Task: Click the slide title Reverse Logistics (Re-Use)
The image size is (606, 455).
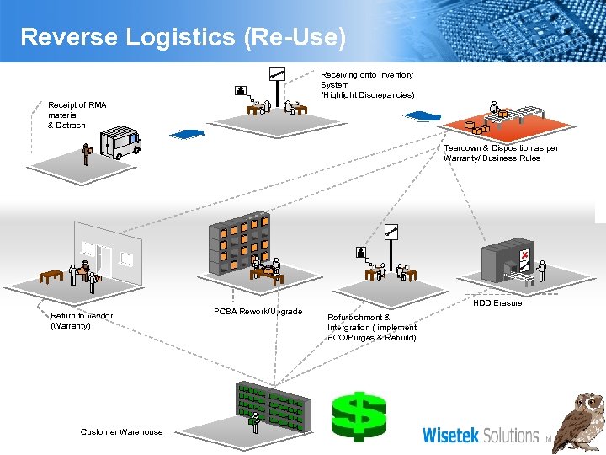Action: click(183, 37)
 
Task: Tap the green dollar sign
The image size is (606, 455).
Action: click(358, 415)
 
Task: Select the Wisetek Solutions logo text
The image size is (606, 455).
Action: click(480, 435)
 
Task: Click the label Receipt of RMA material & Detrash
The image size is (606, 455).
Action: click(77, 115)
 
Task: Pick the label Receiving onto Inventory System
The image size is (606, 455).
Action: click(367, 84)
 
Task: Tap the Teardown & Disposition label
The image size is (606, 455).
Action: click(500, 153)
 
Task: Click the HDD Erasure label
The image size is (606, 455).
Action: click(497, 303)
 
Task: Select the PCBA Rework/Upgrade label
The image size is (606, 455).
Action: click(258, 312)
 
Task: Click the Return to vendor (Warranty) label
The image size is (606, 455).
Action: click(82, 320)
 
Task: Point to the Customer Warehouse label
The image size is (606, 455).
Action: click(121, 432)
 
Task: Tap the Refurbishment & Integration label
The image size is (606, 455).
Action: click(371, 327)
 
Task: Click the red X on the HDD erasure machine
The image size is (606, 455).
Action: click(524, 254)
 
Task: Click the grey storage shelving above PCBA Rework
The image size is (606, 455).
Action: click(240, 244)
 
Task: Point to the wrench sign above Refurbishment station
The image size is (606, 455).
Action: click(391, 233)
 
